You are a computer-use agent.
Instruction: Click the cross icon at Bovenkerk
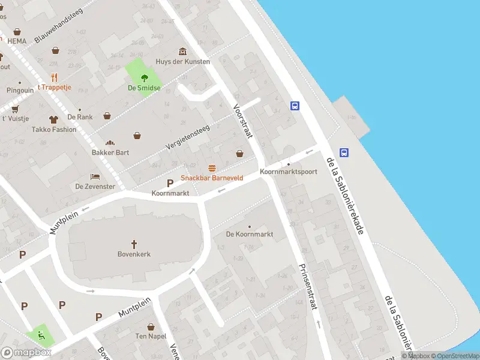tap(134, 244)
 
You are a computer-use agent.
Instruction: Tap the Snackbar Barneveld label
tap(211, 178)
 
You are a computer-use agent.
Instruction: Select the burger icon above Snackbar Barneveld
tap(211, 168)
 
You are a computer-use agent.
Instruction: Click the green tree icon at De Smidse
tap(144, 77)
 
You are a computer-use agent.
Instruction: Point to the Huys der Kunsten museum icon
tap(182, 52)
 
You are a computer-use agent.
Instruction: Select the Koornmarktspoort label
tap(288, 172)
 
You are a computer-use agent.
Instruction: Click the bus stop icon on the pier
tap(345, 152)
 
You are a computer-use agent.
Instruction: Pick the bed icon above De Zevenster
tap(95, 176)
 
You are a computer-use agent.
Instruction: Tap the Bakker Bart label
tap(110, 152)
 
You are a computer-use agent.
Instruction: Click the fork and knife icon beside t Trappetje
tap(54, 77)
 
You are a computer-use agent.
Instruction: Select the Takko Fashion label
tap(54, 129)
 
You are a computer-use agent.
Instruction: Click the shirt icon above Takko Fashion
tap(53, 119)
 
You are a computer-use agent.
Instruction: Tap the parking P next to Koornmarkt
tap(170, 183)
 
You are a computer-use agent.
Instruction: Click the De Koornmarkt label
tap(250, 234)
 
